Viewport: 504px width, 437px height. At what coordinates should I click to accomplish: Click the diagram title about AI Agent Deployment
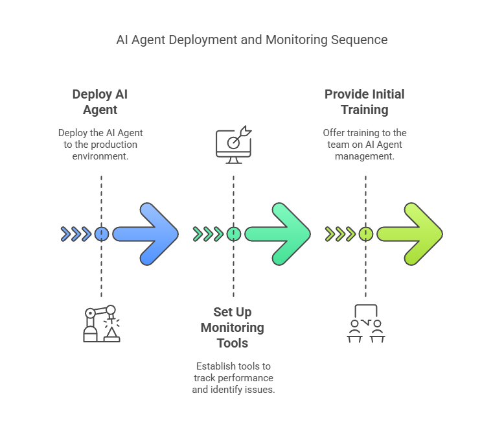tap(251, 40)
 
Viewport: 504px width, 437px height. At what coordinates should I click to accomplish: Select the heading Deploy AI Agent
tap(100, 102)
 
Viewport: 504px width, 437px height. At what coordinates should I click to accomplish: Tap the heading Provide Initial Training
tap(365, 102)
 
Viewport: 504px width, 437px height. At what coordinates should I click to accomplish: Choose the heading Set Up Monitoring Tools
tap(233, 327)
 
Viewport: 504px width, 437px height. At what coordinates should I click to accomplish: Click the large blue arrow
tap(146, 234)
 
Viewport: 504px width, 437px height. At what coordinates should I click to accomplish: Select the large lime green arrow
tap(411, 234)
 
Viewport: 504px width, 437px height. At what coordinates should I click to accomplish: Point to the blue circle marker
tap(101, 234)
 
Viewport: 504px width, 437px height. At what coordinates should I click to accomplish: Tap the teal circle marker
tap(233, 234)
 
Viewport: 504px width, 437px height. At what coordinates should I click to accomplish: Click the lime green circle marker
tap(365, 234)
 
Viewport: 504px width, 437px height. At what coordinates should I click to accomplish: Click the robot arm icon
tap(101, 324)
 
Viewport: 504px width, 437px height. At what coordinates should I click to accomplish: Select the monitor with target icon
tap(233, 145)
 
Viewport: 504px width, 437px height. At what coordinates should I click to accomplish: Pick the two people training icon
tap(365, 324)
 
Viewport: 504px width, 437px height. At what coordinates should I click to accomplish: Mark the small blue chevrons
tap(76, 234)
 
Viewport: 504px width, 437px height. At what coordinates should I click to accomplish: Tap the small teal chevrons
tap(208, 234)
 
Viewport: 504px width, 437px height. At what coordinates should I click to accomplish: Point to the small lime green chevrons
tap(340, 234)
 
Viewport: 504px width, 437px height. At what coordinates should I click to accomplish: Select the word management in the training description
tap(365, 156)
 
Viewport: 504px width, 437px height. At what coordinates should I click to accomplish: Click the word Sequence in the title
tap(360, 40)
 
